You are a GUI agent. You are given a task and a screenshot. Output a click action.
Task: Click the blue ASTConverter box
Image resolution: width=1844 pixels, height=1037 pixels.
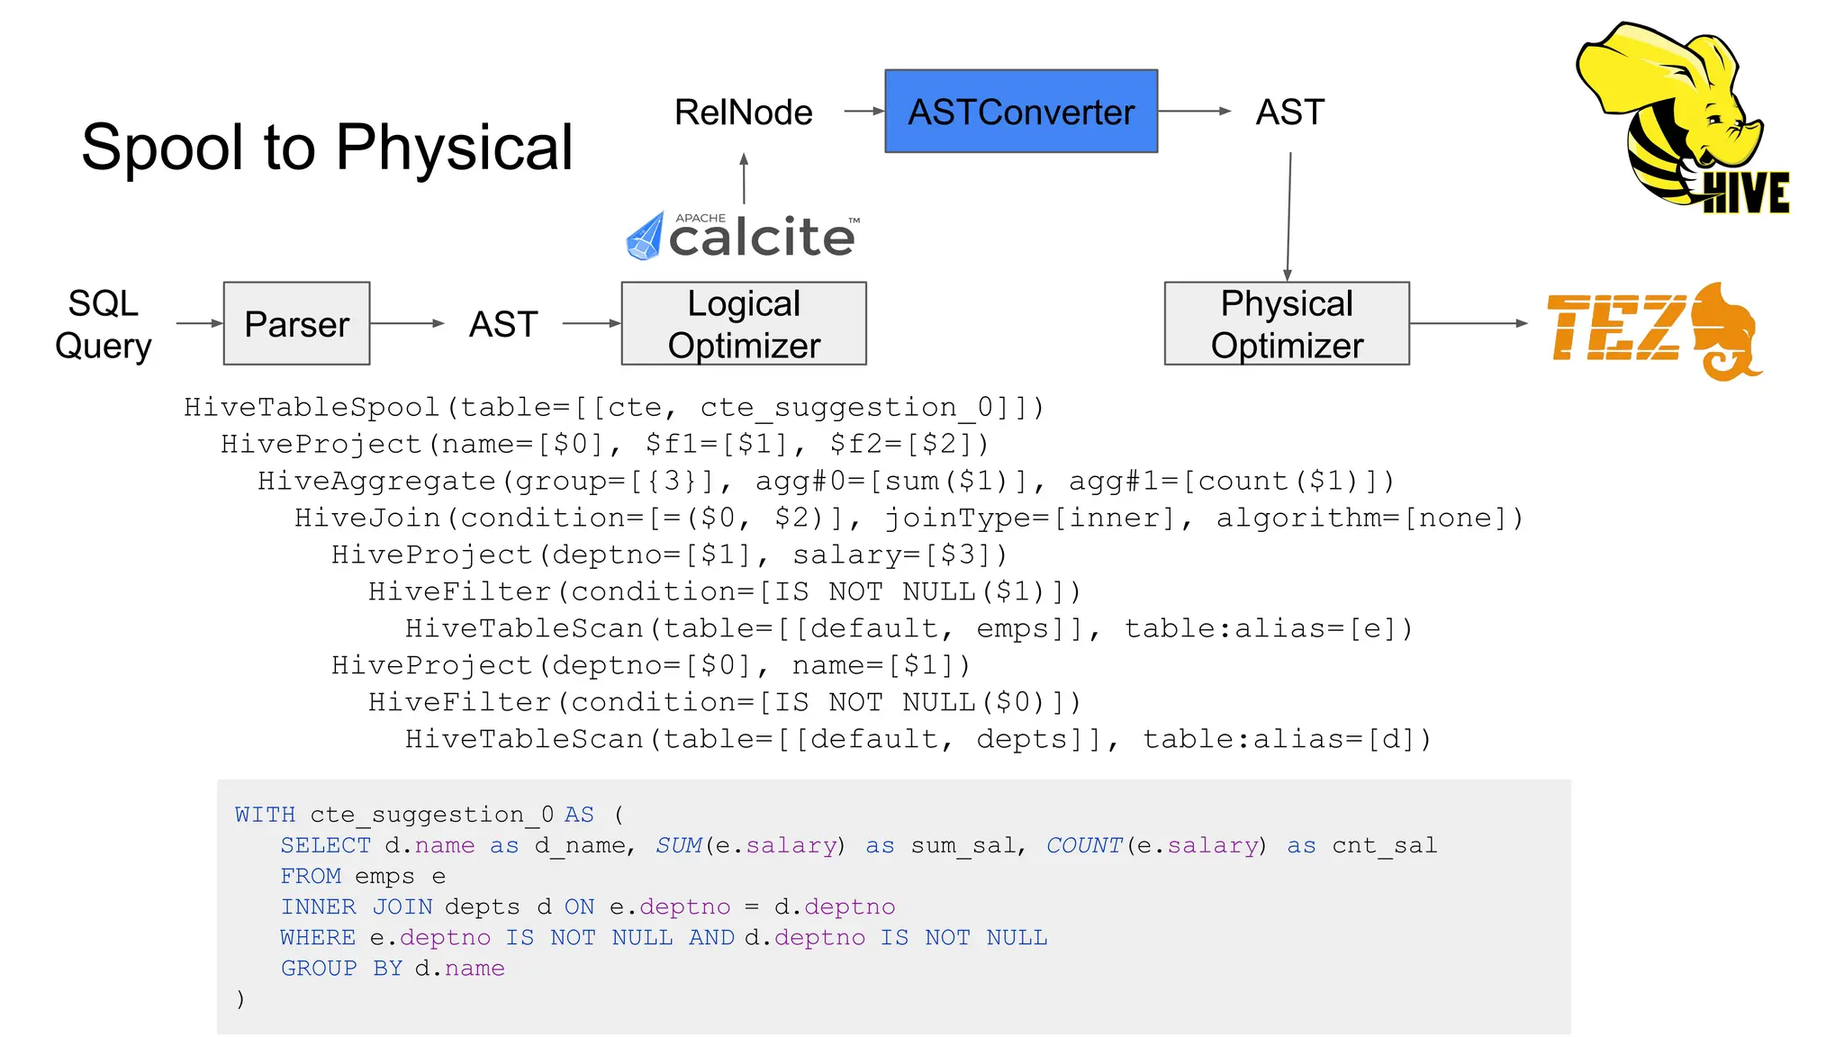pos(1020,112)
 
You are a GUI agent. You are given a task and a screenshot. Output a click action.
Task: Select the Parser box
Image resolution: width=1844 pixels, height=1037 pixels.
pos(296,324)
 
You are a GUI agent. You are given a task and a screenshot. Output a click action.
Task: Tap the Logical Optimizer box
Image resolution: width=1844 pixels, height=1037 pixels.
pos(744,324)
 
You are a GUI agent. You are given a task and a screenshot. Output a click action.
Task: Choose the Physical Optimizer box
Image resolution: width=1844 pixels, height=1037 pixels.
pos(1287,324)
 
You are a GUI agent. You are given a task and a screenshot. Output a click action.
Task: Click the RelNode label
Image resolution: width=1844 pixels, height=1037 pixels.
pos(743,113)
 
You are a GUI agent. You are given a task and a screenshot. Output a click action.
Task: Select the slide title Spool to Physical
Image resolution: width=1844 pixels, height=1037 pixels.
pos(327,147)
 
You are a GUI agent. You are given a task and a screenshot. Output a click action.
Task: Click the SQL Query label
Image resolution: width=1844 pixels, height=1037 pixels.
pos(103,324)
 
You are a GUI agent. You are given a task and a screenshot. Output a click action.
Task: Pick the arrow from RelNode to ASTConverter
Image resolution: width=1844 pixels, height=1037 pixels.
pos(863,112)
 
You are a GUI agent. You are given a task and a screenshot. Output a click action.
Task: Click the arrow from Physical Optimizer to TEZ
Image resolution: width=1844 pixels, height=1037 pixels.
pos(1468,323)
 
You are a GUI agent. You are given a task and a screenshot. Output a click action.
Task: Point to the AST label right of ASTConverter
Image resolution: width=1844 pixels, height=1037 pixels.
pos(1289,113)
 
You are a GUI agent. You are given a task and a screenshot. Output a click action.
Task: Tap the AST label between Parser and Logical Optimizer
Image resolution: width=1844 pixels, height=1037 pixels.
pos(503,324)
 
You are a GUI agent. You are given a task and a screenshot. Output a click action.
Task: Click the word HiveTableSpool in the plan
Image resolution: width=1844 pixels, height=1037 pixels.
pos(312,408)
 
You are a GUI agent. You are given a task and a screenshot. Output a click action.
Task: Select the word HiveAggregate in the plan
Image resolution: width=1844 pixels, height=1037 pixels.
pos(376,482)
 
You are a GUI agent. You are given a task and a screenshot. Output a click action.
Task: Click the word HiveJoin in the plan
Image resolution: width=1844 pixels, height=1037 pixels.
pos(367,518)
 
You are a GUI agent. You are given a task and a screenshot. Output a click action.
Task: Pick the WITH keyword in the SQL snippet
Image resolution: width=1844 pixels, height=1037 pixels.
pos(265,816)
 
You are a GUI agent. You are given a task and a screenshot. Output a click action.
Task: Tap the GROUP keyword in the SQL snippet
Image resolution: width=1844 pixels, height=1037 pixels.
pos(319,969)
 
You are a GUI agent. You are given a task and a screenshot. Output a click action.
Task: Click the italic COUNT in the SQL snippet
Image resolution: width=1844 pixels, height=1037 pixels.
pos(1084,846)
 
